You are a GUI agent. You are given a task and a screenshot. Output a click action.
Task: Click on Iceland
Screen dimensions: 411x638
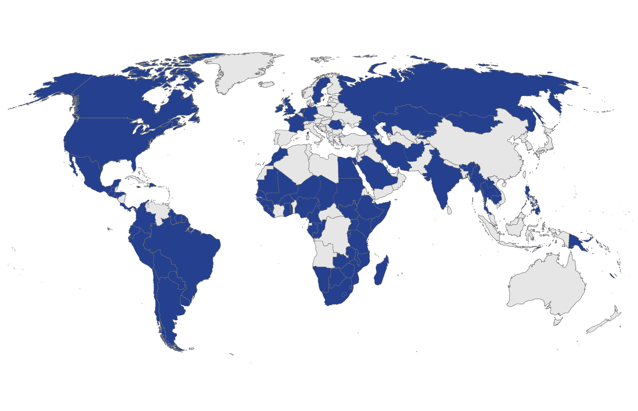[x=266, y=84]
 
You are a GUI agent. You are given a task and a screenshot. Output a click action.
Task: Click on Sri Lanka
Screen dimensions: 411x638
[x=449, y=210]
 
